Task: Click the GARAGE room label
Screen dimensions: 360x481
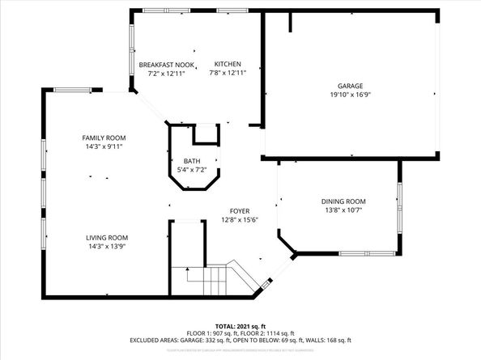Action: pyautogui.click(x=350, y=86)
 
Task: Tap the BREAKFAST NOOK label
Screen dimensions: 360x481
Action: pyautogui.click(x=162, y=65)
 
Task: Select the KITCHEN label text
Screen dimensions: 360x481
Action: pyautogui.click(x=228, y=65)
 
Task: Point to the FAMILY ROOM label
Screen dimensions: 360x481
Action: pyautogui.click(x=104, y=138)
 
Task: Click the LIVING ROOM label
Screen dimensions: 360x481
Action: pyautogui.click(x=109, y=238)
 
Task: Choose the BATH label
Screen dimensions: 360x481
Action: pyautogui.click(x=192, y=161)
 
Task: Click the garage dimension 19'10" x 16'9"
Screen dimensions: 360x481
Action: pyautogui.click(x=350, y=95)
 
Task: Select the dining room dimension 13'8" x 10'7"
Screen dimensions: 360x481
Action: pyautogui.click(x=344, y=210)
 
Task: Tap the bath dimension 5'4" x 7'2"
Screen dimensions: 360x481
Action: pyautogui.click(x=192, y=170)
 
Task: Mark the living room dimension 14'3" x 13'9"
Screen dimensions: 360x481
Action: pyautogui.click(x=109, y=247)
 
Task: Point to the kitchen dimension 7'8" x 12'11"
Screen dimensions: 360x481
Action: pyautogui.click(x=228, y=74)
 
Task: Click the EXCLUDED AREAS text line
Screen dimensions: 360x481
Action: pyautogui.click(x=240, y=341)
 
